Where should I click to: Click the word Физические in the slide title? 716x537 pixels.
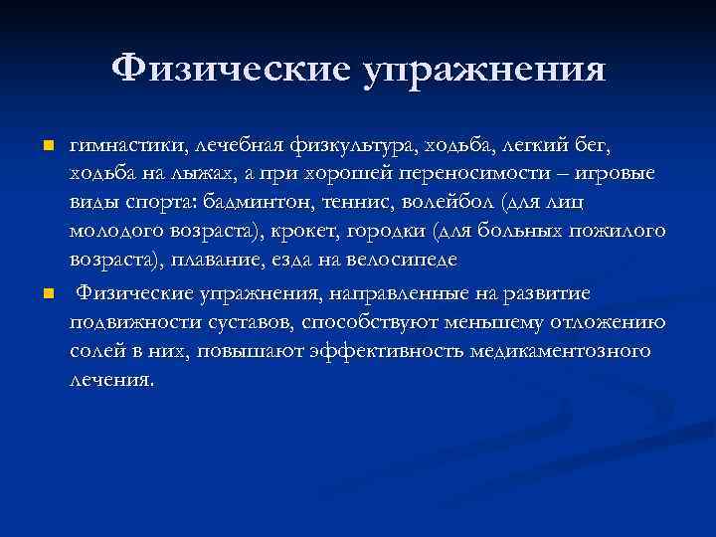[232, 69]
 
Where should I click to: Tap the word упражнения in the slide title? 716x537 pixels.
[486, 71]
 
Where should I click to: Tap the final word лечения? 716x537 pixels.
[112, 381]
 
